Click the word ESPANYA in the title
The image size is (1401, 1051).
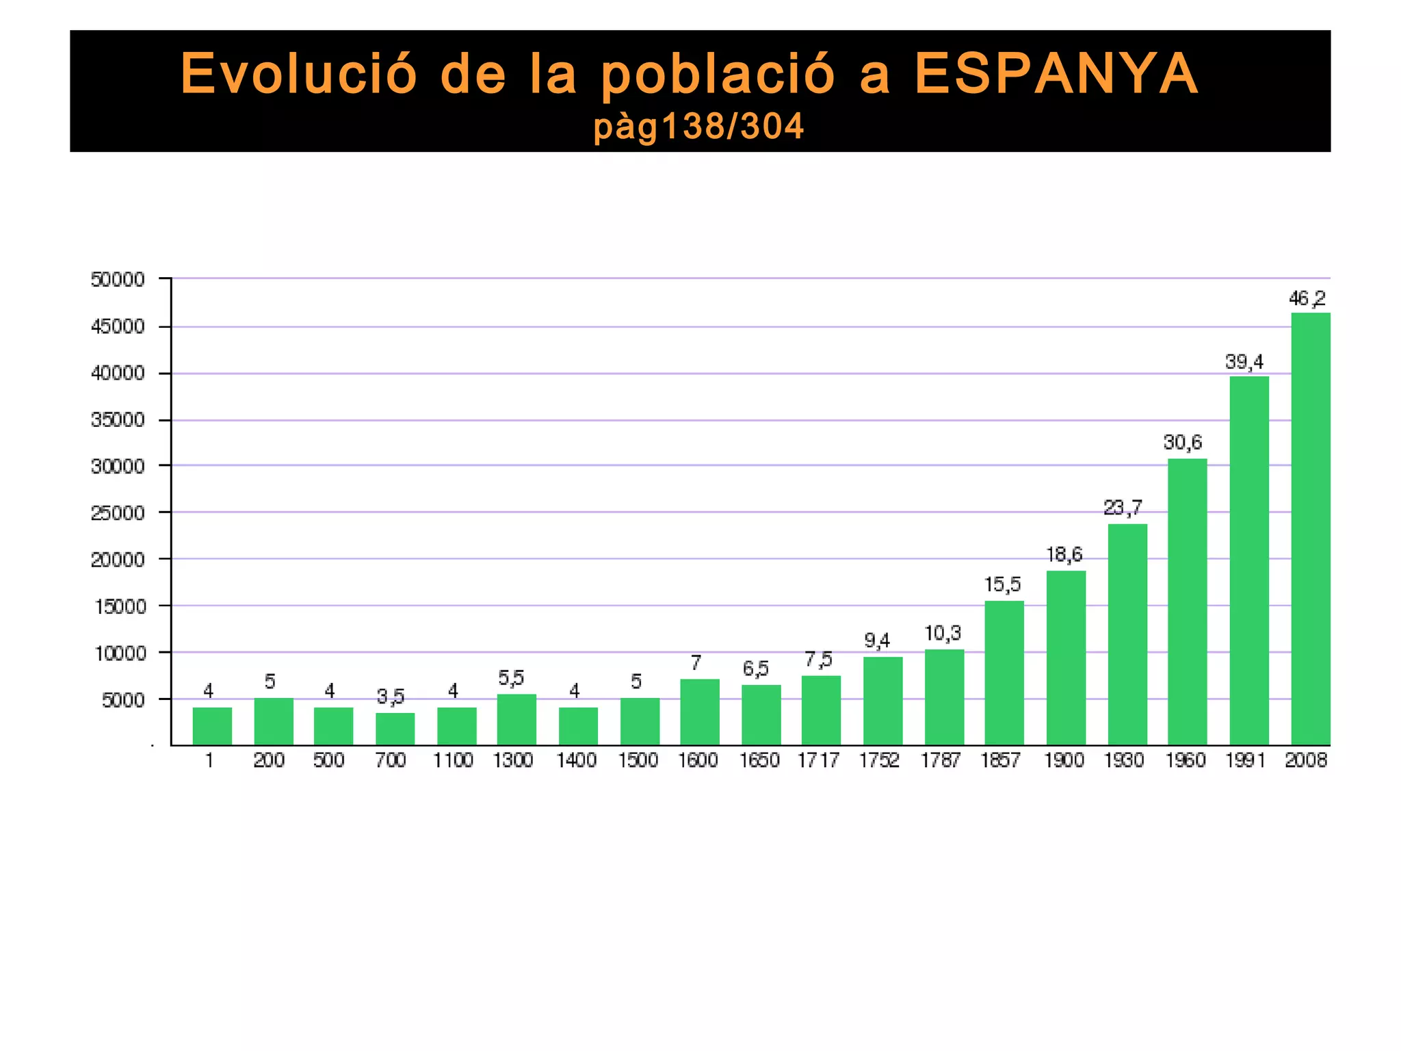point(1056,74)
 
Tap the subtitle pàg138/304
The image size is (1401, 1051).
point(698,127)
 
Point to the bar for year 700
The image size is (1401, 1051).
point(395,729)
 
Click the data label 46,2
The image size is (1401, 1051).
point(1307,299)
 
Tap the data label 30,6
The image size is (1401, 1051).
point(1182,443)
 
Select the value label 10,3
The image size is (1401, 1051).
point(943,634)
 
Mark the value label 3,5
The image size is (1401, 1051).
point(391,697)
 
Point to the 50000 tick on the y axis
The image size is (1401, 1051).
point(118,280)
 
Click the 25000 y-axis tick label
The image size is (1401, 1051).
point(118,513)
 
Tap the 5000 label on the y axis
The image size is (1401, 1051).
point(123,701)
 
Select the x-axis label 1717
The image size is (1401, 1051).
point(818,761)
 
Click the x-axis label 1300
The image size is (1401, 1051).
point(513,761)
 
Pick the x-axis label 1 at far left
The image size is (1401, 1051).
point(209,761)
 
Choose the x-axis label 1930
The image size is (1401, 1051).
point(1123,761)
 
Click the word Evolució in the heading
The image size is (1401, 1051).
point(298,74)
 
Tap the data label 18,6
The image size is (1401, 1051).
point(1064,555)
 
